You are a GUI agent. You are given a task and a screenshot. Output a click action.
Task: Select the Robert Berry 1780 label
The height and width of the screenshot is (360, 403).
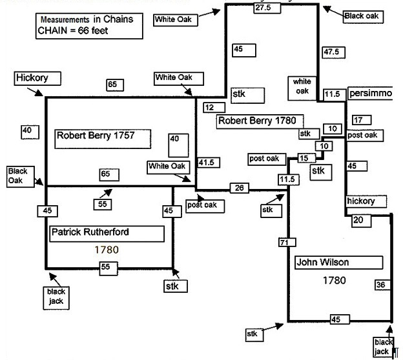pos(260,121)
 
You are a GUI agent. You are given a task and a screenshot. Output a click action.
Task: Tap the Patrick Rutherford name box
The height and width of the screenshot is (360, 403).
pos(107,233)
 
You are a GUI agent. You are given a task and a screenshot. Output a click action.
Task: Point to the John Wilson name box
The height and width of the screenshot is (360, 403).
pos(324,263)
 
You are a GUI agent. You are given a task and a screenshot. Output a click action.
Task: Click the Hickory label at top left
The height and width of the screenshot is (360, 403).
pos(39,79)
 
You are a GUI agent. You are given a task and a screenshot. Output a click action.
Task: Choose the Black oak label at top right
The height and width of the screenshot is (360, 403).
pos(362,15)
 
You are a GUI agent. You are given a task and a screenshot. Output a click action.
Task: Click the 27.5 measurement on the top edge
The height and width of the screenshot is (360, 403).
pos(262,8)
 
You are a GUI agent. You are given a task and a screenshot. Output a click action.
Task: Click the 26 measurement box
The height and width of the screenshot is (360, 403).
pos(239,188)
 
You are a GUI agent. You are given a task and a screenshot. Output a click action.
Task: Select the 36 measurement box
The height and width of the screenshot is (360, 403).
pos(381,285)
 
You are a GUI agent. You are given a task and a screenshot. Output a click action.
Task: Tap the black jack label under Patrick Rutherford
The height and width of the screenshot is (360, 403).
pos(56,295)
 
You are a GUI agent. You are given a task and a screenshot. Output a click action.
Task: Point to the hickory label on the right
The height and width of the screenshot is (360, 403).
pos(360,201)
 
